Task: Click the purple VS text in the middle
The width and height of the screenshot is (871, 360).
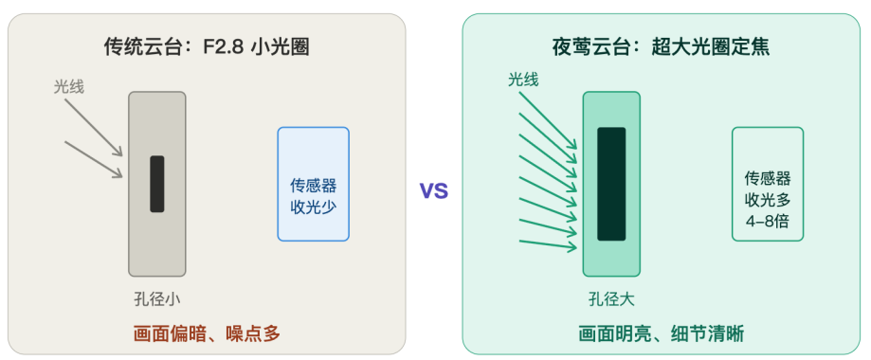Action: click(x=434, y=191)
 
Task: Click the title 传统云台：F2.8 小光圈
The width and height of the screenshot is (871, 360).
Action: click(x=207, y=47)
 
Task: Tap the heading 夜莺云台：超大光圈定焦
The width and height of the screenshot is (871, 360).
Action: click(x=661, y=47)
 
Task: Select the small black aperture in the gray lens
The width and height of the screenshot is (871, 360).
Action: click(x=157, y=184)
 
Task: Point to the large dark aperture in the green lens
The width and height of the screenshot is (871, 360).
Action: click(x=611, y=184)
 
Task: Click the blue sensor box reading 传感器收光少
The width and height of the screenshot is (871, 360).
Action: click(x=314, y=184)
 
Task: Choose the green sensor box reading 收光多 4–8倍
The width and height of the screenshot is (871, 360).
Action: click(x=768, y=184)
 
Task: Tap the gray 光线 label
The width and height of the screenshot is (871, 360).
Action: click(x=69, y=86)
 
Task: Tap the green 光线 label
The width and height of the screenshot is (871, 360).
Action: click(x=523, y=80)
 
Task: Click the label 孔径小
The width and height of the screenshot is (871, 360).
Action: click(x=157, y=299)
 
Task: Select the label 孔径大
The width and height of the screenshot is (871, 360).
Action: click(x=611, y=299)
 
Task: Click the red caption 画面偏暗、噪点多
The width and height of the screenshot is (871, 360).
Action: click(x=207, y=333)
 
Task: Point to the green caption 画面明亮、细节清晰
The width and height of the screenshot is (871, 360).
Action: click(x=661, y=333)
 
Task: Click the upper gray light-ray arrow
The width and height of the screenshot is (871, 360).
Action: click(x=93, y=127)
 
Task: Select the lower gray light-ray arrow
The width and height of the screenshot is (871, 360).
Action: click(x=93, y=159)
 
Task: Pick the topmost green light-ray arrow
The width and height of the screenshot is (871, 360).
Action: click(x=548, y=120)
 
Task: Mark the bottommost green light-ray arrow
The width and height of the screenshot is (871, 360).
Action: click(x=548, y=244)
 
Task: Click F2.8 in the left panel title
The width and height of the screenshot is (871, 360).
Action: click(x=221, y=47)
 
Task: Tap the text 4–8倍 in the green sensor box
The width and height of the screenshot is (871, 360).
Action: click(x=768, y=221)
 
